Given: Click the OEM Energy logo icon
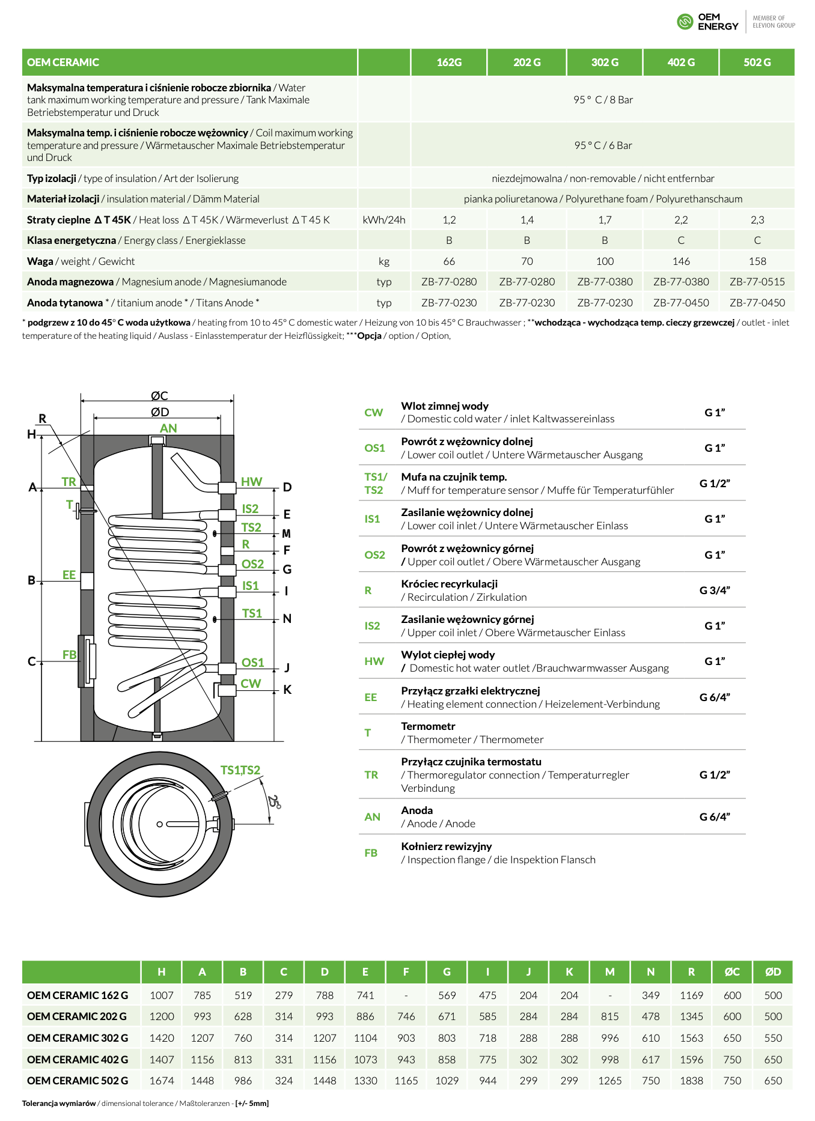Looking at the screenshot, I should click(685, 22).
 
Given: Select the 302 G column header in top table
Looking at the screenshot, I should click(605, 62).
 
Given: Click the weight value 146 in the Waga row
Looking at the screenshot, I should click(681, 261).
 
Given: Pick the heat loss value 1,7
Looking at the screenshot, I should click(605, 220).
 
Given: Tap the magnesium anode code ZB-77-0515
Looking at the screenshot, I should click(757, 282).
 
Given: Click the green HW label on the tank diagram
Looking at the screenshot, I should click(251, 482).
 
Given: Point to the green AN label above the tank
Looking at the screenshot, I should click(168, 428).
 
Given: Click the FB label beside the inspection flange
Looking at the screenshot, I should click(69, 655).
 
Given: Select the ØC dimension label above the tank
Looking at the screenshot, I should click(159, 396).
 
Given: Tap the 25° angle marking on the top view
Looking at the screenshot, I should click(274, 801).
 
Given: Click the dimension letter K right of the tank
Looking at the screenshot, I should click(287, 690).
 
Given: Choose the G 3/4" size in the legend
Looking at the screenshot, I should click(714, 591).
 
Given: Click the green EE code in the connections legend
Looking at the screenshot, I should click(371, 697).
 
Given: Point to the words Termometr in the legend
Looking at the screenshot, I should click(428, 726).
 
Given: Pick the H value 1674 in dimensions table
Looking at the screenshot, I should click(162, 1081).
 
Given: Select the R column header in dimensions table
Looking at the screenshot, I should click(691, 972).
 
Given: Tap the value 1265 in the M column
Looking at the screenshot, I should click(609, 1081).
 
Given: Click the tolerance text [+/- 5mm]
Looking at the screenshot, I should click(252, 1104).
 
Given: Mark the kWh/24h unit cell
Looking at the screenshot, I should click(384, 220).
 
